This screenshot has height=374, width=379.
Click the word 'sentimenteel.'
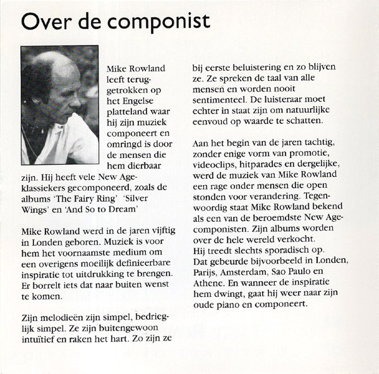[220, 99]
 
